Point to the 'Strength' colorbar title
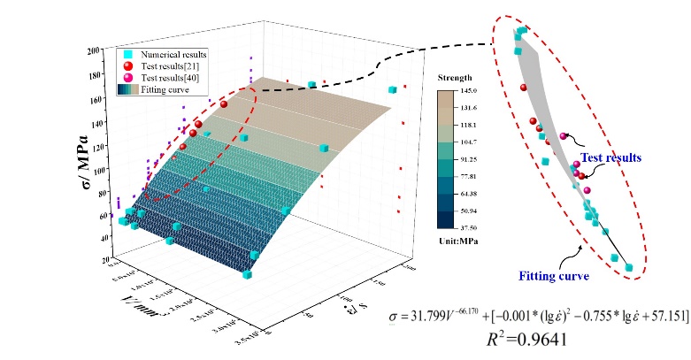click(x=454, y=78)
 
